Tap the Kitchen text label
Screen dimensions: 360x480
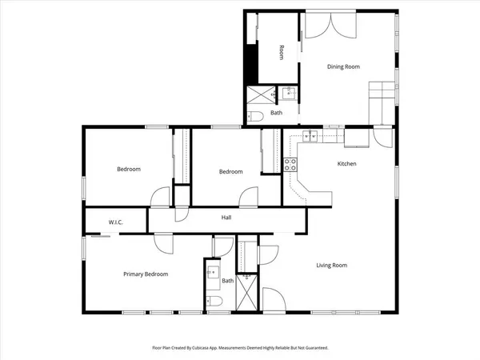click(x=346, y=164)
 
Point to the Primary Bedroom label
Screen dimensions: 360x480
click(x=146, y=274)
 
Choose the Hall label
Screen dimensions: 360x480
click(x=226, y=218)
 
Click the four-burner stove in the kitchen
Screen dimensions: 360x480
click(x=291, y=165)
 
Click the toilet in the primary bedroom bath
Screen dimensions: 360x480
click(x=213, y=302)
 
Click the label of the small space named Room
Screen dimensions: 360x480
click(x=282, y=52)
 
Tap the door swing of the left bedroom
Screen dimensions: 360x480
click(x=162, y=196)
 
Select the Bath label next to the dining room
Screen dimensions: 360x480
click(x=276, y=113)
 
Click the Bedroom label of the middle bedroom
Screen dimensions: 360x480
click(x=231, y=172)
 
